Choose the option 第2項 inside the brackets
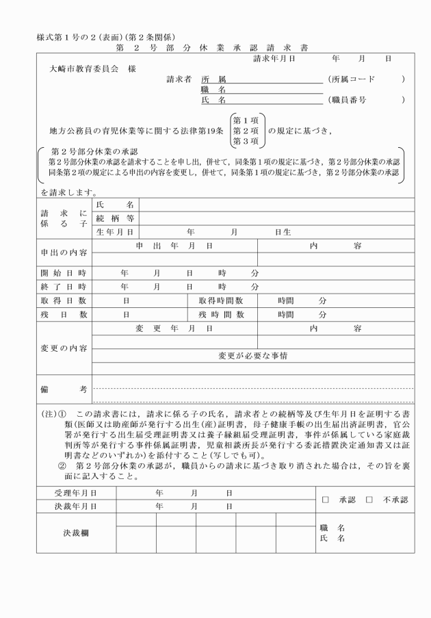pos(246,130)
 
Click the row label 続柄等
pos(115,218)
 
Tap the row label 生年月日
pos(115,232)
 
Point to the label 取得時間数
pos(221,300)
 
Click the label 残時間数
pos(221,314)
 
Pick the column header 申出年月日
pos(174,245)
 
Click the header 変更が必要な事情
pos(252,356)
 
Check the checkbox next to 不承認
pos(369,500)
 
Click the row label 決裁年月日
pos(75,506)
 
